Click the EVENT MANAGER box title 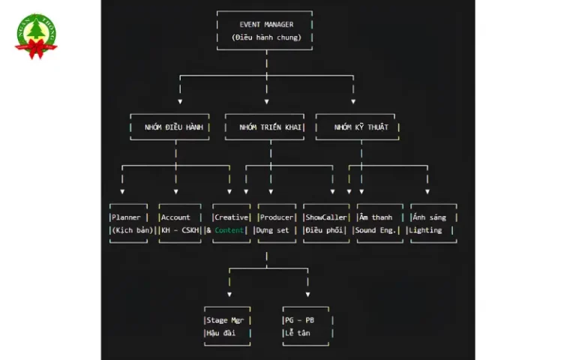[x=266, y=25]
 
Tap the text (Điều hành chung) [x=266, y=37]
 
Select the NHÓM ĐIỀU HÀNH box [x=169, y=127]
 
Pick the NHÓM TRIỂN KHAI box [x=265, y=127]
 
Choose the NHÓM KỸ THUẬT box [x=358, y=127]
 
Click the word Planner [x=126, y=217]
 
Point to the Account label [x=175, y=217]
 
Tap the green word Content [x=229, y=230]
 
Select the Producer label [x=277, y=217]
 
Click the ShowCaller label [x=326, y=217]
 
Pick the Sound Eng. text [x=376, y=230]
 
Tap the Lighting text [x=425, y=230]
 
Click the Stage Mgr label [x=225, y=320]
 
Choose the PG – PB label [x=299, y=320]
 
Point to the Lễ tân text [x=298, y=333]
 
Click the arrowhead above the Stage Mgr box [x=229, y=295]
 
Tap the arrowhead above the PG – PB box [x=307, y=295]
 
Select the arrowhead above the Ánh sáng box [x=427, y=192]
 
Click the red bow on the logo [x=36, y=49]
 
